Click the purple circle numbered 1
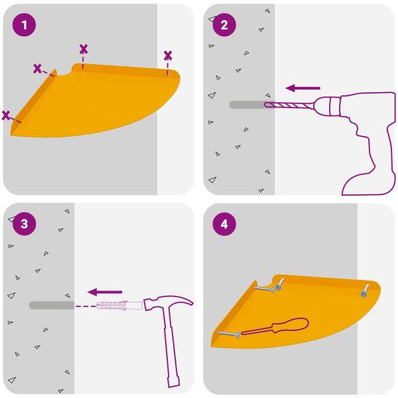pos(24,25)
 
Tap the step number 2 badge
pos(224,25)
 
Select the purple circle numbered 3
pos(24,224)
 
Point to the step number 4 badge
pos(224,224)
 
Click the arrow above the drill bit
pos(303,88)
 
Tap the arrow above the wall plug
pos(105,292)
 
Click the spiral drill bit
pos(289,105)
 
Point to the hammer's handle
pos(170,348)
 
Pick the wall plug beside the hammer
pos(119,305)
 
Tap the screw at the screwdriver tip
pos(229,335)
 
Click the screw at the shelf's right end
pos(365,291)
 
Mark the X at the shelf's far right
pos(168,56)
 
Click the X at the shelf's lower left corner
pos(6,115)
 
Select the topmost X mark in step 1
pos(84,49)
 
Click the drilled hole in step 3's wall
pos(52,305)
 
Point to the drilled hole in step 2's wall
pos(247,105)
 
